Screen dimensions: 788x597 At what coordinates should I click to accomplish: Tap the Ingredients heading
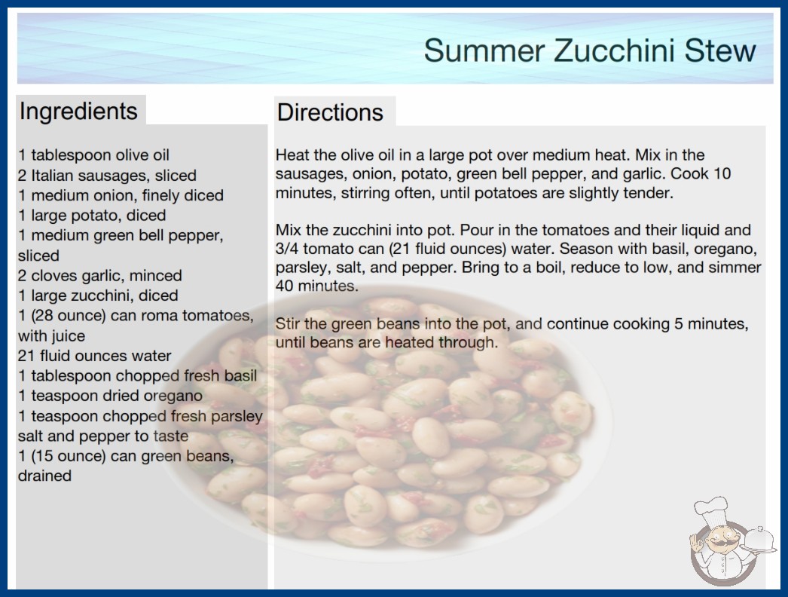coord(78,112)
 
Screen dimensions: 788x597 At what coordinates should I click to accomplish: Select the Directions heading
coord(330,112)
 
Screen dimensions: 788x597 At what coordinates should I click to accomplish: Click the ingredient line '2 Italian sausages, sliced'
coord(107,175)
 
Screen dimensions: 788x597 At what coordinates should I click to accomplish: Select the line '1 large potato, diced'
coord(92,216)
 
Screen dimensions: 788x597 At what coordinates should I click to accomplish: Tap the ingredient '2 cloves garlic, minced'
coord(100,275)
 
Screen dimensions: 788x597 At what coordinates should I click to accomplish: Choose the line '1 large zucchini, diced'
coord(98,295)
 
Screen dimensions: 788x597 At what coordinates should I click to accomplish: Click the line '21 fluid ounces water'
coord(94,356)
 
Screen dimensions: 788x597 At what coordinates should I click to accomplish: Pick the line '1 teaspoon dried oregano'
coord(110,396)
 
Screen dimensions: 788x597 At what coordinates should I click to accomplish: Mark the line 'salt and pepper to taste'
coord(103,436)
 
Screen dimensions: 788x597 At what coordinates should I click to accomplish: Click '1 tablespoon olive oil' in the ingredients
coord(94,155)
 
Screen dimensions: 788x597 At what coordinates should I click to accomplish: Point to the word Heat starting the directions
coord(292,155)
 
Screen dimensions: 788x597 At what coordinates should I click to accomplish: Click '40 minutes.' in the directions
coord(317,286)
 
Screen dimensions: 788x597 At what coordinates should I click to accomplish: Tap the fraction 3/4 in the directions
coord(287,249)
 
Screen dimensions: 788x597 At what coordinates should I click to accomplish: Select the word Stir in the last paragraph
coord(288,323)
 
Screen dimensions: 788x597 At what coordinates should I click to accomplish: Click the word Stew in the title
coord(720,51)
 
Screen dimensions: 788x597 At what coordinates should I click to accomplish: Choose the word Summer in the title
coord(484,51)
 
